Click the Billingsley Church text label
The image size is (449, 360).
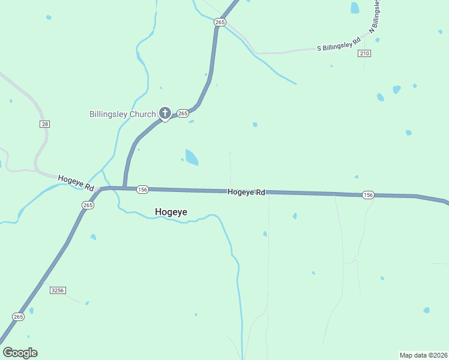coord(122,113)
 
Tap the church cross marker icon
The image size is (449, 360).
coord(164,113)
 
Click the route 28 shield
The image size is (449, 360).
coord(45,124)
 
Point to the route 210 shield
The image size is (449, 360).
coord(364,53)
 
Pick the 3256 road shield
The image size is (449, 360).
coord(58,290)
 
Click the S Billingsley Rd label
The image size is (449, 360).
coord(339,44)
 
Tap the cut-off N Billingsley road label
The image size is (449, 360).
coord(376,16)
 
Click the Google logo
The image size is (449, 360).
coord(20,352)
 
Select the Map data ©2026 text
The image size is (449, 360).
coord(423,355)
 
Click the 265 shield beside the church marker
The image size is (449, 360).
coord(183,113)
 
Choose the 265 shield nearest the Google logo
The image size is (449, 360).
coord(18,316)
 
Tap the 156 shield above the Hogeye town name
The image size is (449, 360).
coord(142,190)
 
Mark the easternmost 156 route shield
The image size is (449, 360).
coord(368,195)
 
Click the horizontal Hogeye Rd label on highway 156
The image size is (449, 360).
coord(246,192)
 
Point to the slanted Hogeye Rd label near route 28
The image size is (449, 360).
coord(76,182)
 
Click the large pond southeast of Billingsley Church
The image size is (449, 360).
coord(191,158)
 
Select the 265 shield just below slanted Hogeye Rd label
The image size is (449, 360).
coord(88,205)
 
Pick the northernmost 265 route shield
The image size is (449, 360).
coord(220,22)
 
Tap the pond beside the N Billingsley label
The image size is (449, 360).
coord(355,8)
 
